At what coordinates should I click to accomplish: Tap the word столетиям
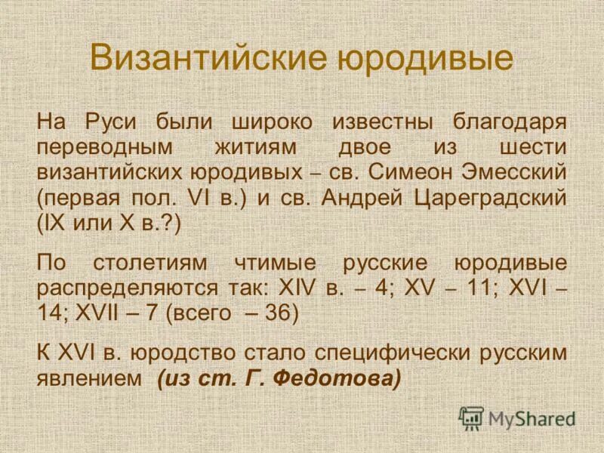(x=154, y=263)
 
